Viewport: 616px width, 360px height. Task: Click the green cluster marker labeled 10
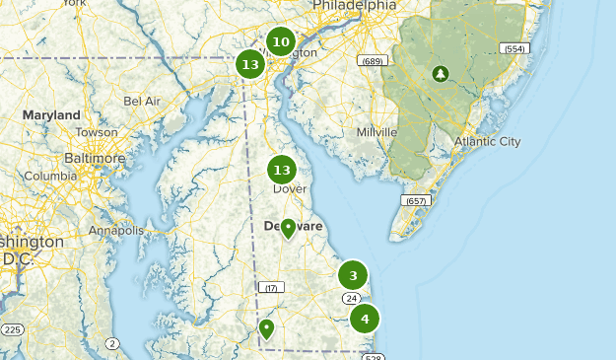281,41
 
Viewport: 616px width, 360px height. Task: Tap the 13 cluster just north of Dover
282,170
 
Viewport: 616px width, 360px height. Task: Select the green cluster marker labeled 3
353,275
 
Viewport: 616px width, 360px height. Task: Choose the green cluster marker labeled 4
365,319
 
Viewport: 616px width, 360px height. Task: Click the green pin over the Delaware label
288,229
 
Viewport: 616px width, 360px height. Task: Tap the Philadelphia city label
354,6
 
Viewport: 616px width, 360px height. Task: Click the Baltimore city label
95,158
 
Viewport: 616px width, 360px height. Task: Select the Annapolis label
115,230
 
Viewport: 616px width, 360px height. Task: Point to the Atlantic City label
487,141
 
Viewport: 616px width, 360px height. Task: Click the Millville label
376,131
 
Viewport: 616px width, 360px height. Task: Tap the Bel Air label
142,101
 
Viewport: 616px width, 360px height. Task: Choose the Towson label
97,132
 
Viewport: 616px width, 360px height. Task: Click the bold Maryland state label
51,115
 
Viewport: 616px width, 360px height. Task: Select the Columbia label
49,176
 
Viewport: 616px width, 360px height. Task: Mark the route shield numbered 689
371,62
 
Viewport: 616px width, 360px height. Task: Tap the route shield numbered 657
416,200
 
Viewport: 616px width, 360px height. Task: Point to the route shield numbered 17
270,287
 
